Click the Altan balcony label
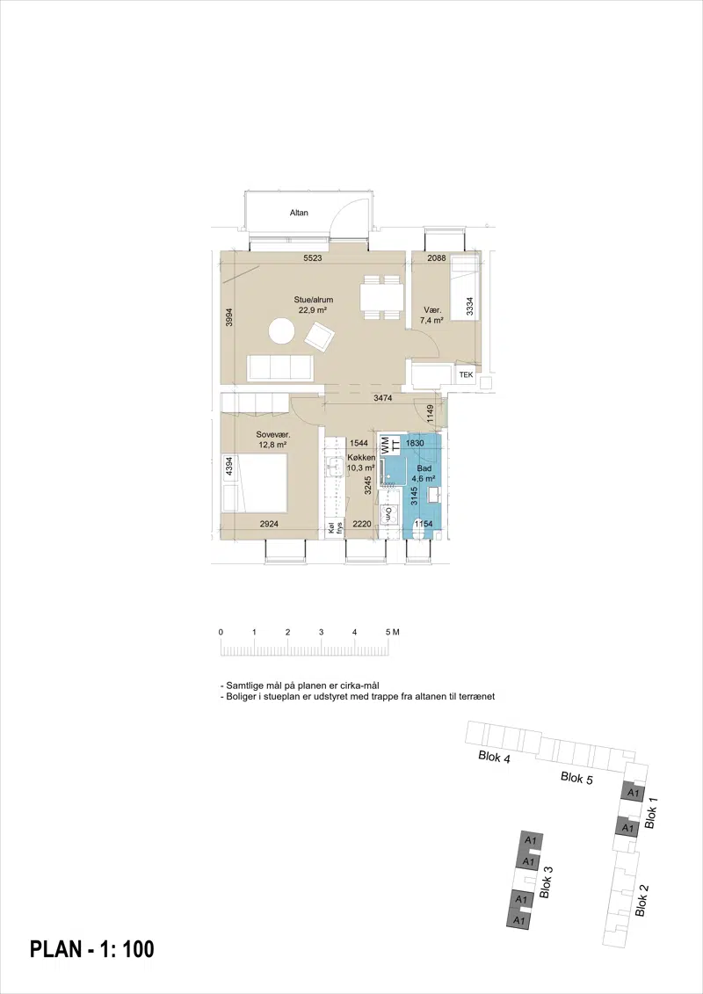299,213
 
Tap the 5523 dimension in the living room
313,258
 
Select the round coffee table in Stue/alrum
281,331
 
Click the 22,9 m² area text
313,310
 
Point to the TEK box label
466,374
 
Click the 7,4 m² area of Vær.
431,321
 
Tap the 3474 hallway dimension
382,398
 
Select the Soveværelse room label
273,435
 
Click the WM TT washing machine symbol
390,443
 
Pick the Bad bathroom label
424,468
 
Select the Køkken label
361,459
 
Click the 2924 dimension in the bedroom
270,525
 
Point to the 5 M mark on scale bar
392,632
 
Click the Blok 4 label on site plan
495,757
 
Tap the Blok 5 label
576,778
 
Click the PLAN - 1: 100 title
92,949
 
